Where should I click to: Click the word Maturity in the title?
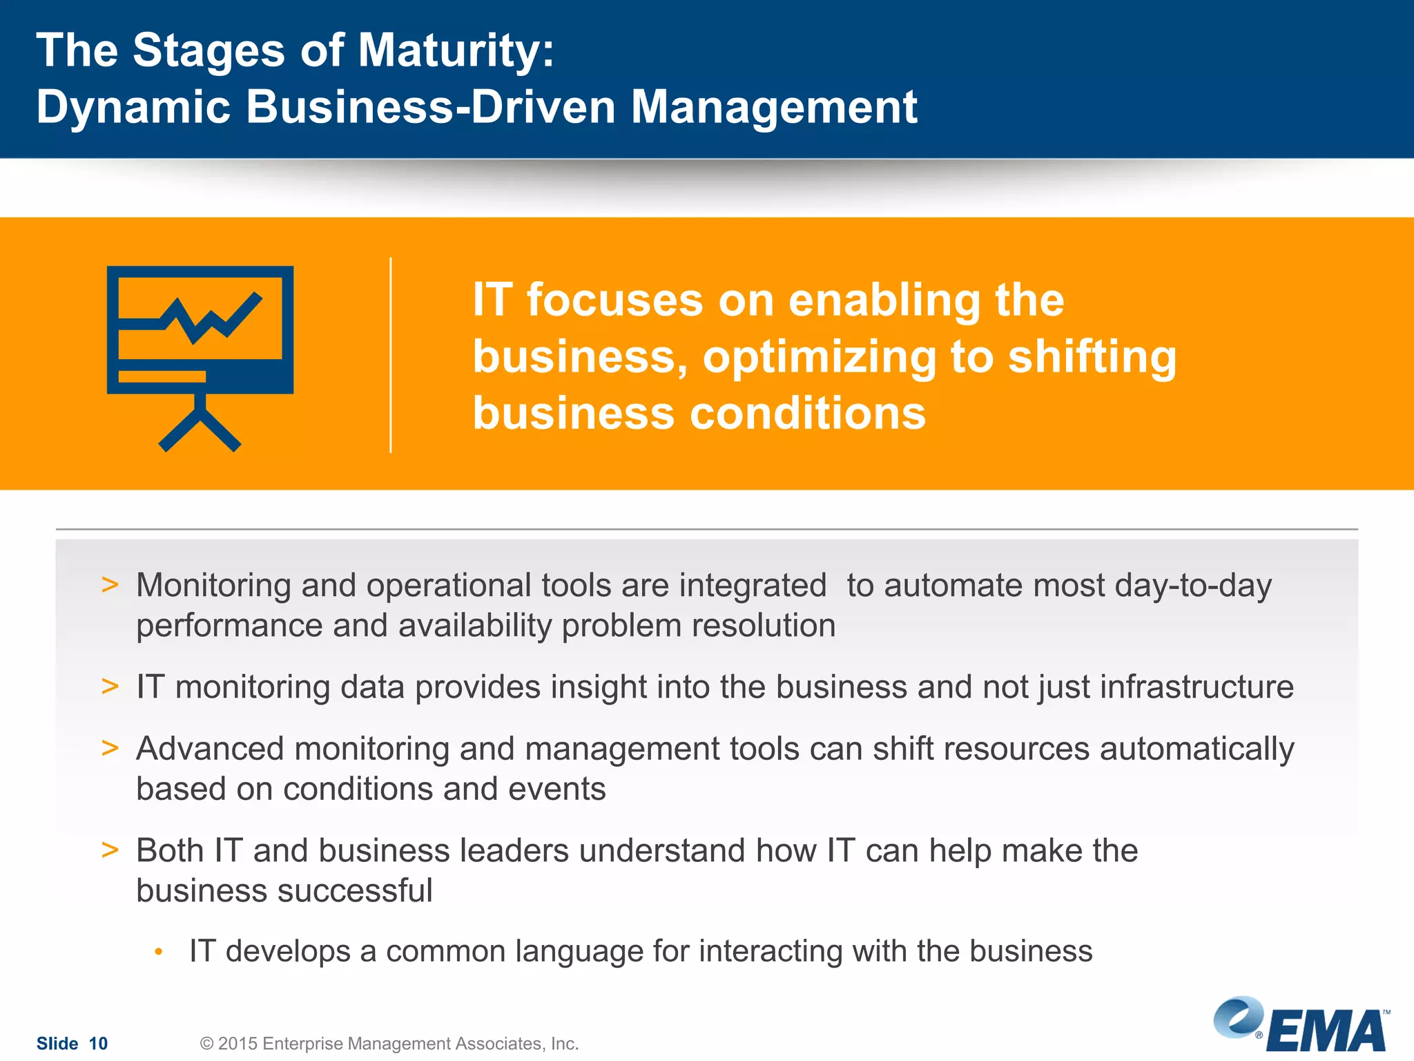click(x=456, y=51)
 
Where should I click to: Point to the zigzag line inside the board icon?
click(x=207, y=320)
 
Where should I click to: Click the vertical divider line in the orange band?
click(x=391, y=355)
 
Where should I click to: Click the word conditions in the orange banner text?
click(x=808, y=414)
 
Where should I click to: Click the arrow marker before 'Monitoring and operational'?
click(x=110, y=585)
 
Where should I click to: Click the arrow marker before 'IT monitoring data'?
click(x=110, y=687)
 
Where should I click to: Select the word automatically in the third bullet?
click(x=1197, y=749)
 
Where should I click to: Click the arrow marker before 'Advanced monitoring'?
click(x=110, y=748)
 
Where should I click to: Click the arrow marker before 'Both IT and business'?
click(x=110, y=850)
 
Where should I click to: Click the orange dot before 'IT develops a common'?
click(x=159, y=952)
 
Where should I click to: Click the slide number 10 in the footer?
click(x=98, y=1043)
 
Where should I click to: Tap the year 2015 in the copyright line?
click(x=238, y=1043)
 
